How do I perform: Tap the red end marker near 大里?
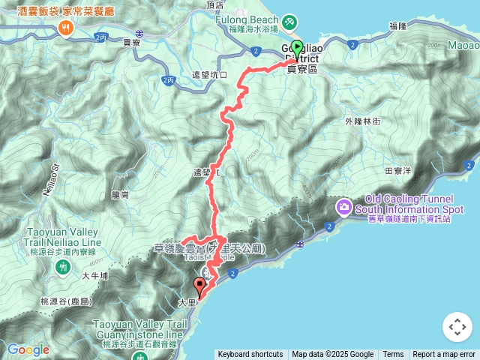click(199, 286)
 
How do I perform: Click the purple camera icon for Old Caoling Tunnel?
click(344, 205)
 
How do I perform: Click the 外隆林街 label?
click(363, 120)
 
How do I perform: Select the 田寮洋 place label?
click(398, 171)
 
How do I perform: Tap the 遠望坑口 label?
click(209, 75)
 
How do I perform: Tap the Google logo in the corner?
click(28, 349)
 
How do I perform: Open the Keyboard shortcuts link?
click(250, 355)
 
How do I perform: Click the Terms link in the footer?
click(393, 355)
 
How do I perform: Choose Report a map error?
click(444, 355)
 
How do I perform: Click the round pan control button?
click(457, 328)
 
